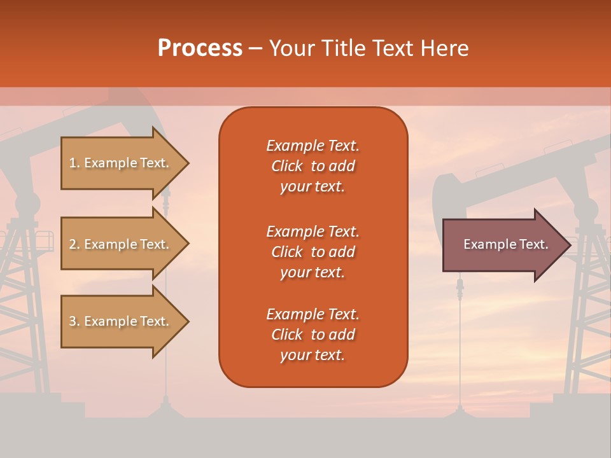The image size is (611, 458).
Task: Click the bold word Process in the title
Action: point(200,48)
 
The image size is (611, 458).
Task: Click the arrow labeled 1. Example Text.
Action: point(121,163)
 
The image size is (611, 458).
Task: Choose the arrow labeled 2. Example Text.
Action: point(121,244)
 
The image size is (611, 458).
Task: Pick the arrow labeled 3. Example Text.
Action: point(121,321)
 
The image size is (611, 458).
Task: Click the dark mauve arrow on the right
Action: point(503,245)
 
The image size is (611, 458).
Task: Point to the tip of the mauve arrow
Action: point(568,245)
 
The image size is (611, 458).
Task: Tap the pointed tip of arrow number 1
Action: point(186,163)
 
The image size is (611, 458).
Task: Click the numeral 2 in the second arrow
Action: point(72,244)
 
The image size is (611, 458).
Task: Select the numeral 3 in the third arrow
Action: point(72,321)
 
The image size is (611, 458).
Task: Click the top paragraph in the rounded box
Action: point(313,166)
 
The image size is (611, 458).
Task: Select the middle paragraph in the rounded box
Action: point(313,252)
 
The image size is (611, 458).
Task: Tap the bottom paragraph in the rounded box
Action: point(313,335)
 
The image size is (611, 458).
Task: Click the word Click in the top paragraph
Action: point(287,166)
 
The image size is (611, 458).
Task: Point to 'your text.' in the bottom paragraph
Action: point(313,355)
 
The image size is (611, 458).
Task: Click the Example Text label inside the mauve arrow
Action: point(505,244)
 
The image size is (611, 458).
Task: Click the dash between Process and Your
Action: point(255,48)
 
